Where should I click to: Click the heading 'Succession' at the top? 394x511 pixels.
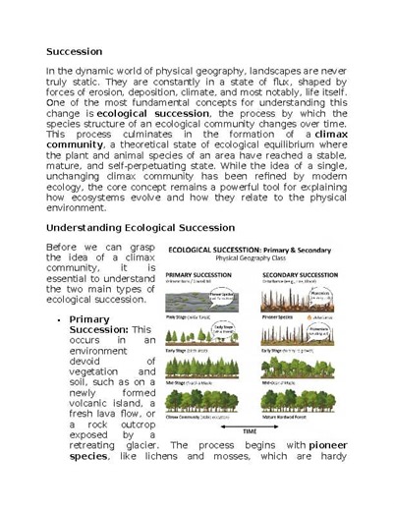[75, 50]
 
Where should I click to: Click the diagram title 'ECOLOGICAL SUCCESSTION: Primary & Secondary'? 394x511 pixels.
[255, 250]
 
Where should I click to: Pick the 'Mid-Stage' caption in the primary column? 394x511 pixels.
[175, 381]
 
